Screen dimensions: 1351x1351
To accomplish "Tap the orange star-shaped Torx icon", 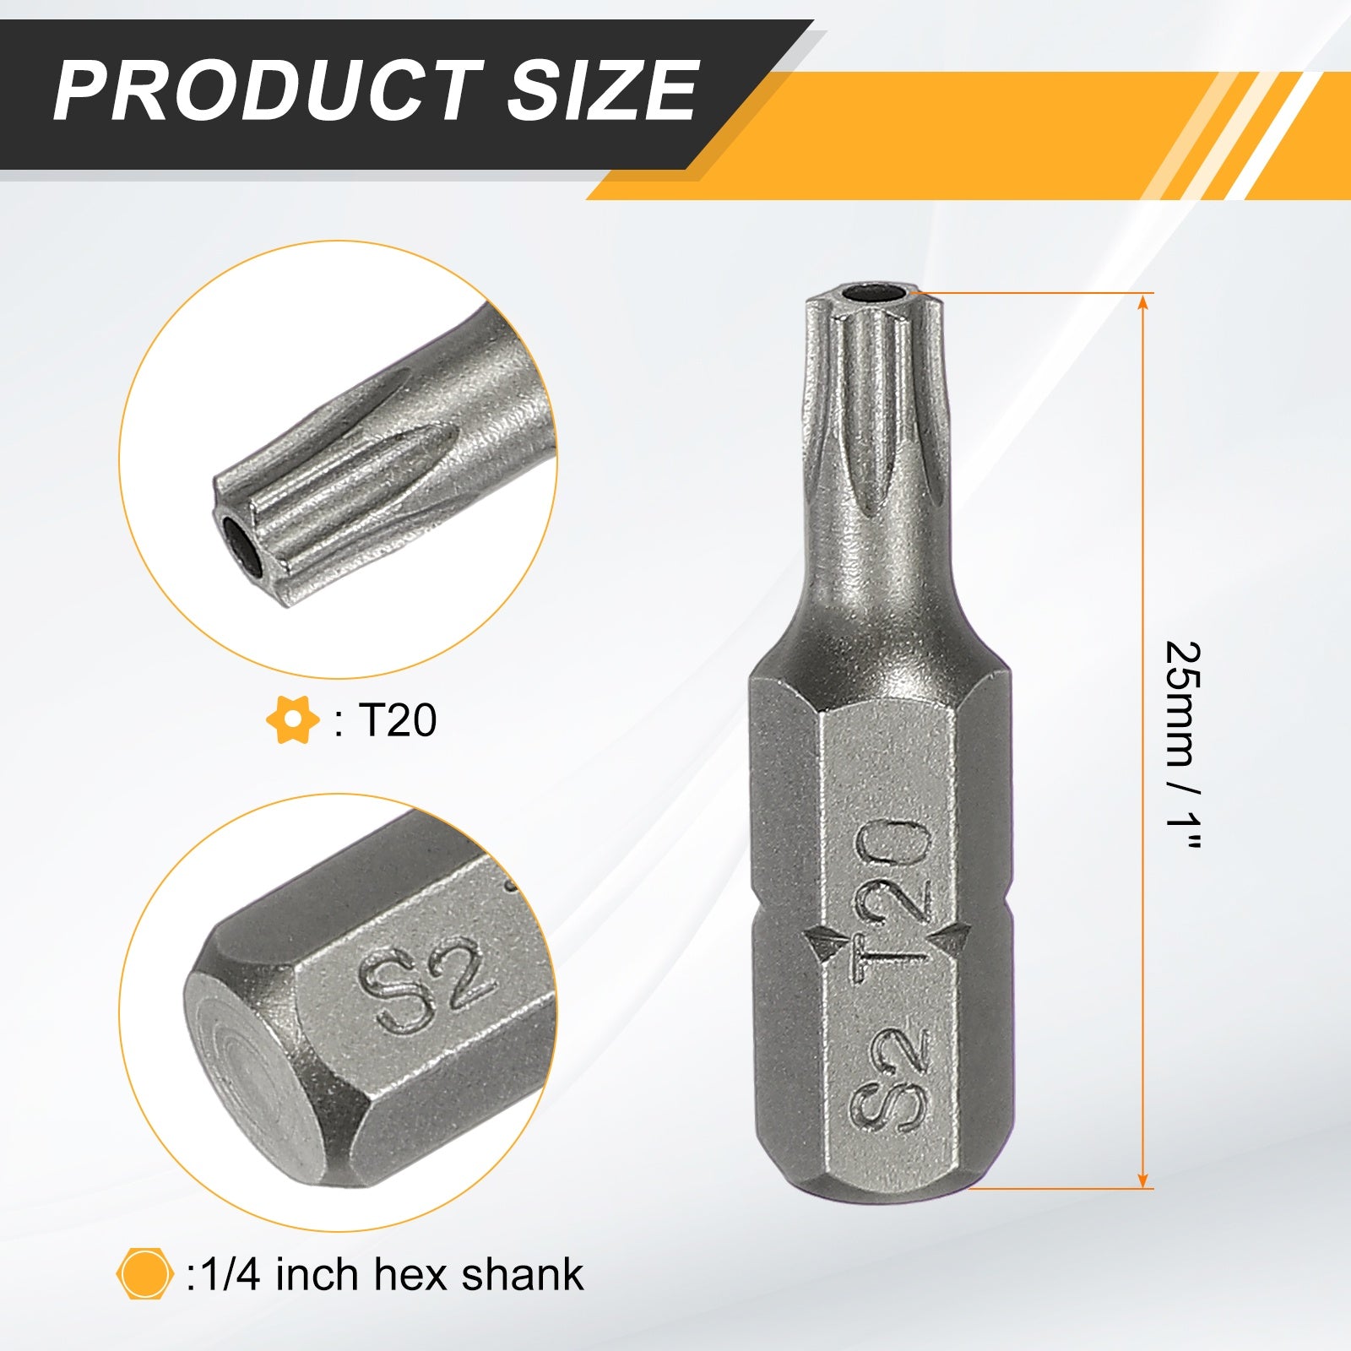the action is point(292,720).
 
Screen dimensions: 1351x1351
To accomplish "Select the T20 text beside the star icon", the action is point(398,720).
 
